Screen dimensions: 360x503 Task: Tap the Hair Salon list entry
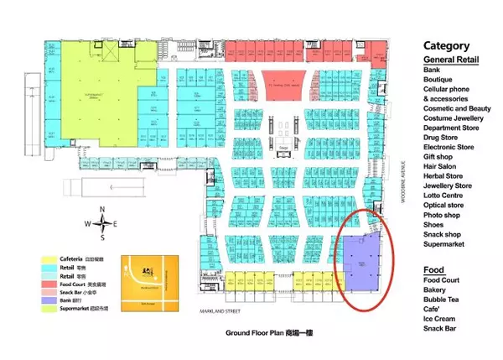coord(442,166)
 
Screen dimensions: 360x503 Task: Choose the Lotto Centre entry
coord(446,196)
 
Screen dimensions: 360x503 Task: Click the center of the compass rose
coord(102,223)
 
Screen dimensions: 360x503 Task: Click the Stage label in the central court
coord(284,147)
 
